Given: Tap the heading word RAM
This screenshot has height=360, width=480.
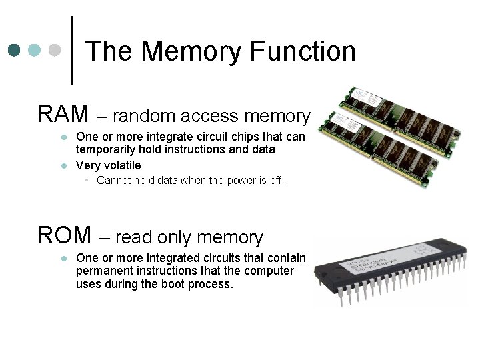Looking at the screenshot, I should pyautogui.click(x=63, y=114).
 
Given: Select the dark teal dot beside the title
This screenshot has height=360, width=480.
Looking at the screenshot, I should pyautogui.click(x=15, y=50).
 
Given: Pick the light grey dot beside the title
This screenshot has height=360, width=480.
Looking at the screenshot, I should pyautogui.click(x=57, y=50).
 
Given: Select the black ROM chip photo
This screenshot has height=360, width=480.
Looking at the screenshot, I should pyautogui.click(x=393, y=273).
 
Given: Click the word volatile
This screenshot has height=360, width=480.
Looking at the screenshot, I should pyautogui.click(x=121, y=165).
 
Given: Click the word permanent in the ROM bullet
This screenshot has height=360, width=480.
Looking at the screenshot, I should pyautogui.click(x=105, y=271).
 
